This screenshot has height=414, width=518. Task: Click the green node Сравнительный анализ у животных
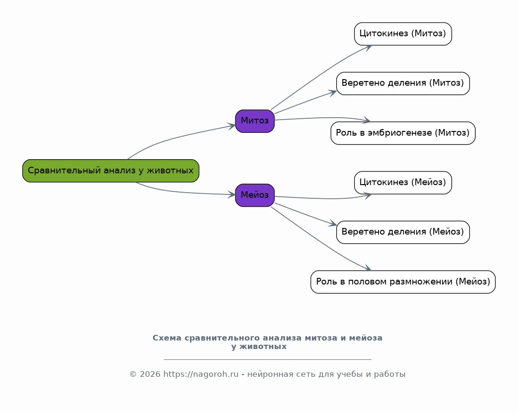[x=111, y=171]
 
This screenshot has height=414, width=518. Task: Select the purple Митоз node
[x=255, y=121]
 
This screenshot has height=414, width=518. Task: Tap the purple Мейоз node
[x=255, y=195]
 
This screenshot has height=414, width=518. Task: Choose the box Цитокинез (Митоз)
[x=403, y=34]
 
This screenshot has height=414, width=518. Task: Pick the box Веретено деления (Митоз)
[x=403, y=83]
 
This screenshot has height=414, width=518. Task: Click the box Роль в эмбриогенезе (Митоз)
[x=403, y=133]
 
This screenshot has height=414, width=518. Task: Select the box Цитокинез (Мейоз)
[x=403, y=183]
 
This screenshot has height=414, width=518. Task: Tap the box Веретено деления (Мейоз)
[x=403, y=232]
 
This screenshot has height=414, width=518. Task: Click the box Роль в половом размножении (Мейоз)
[x=403, y=282]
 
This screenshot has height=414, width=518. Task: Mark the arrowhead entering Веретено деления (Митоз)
[x=332, y=93]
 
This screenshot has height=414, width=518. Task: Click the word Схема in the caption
[x=167, y=338]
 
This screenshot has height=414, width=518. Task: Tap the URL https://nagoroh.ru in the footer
[x=201, y=374]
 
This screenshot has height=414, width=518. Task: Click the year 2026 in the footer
[x=150, y=374]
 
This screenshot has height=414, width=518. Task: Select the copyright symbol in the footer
[x=133, y=374]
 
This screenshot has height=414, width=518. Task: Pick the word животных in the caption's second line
[x=263, y=347]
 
